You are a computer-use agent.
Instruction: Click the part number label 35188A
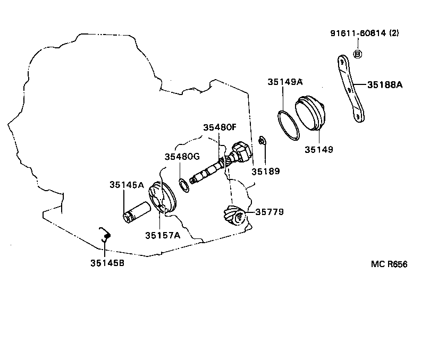[384, 83]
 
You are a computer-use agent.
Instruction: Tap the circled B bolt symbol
[358, 54]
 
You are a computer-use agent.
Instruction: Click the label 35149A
[285, 82]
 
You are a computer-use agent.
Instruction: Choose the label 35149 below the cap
[318, 150]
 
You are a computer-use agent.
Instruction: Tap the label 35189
[265, 171]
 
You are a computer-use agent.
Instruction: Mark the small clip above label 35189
[262, 141]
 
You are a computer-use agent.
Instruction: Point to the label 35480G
[182, 157]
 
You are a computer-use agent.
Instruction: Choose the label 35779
[270, 211]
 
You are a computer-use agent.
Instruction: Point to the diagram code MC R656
[389, 264]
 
